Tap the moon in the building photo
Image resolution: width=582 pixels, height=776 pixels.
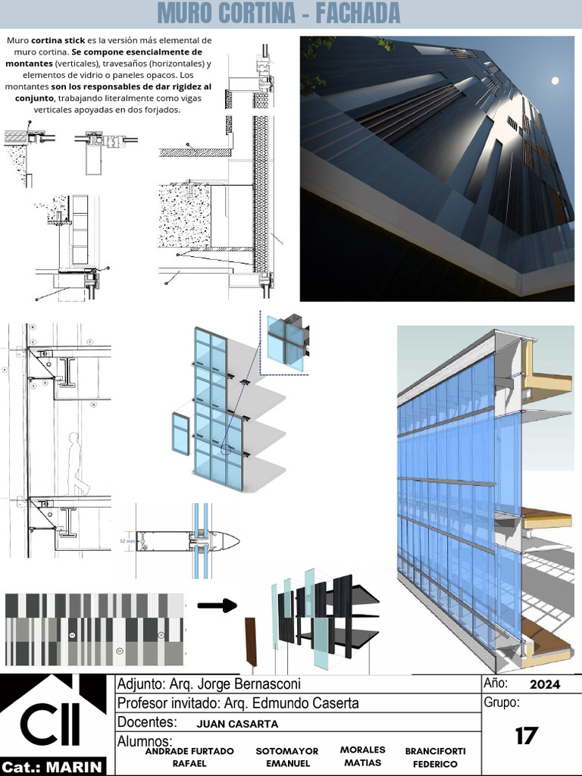click(555, 80)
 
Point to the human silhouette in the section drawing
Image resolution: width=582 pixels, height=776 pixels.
click(77, 464)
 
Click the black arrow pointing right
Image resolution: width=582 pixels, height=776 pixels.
click(217, 605)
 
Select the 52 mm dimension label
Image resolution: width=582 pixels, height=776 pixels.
click(127, 541)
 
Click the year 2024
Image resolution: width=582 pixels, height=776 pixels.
click(545, 684)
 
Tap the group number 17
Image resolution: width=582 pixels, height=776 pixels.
click(526, 735)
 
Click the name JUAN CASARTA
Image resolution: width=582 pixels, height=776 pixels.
click(236, 724)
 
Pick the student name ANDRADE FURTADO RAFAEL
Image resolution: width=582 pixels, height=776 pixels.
click(189, 757)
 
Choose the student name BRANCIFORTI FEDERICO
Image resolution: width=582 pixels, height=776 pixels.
click(435, 757)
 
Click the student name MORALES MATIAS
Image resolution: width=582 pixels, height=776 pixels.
click(362, 756)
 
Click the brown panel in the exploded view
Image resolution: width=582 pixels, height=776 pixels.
click(251, 645)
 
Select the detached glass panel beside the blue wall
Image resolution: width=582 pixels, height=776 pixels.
click(180, 434)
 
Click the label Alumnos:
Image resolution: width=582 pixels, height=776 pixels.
click(145, 740)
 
